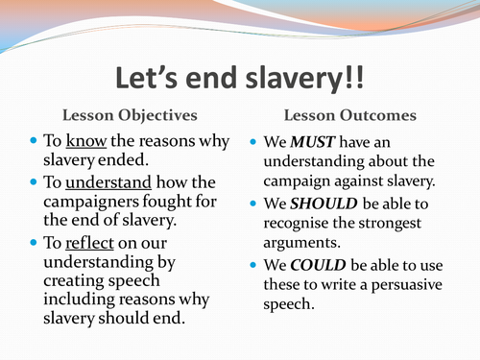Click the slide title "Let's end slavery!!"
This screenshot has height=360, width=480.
[240, 79]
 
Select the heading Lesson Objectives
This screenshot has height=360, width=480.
[130, 116]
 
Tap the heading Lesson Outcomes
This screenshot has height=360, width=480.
[350, 115]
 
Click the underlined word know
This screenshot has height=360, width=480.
[86, 141]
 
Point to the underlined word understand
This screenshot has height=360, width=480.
[108, 182]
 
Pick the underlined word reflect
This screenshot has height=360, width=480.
[89, 243]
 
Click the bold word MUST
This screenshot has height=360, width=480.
[312, 142]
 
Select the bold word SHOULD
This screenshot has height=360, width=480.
[324, 204]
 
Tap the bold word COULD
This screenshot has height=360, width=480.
[318, 265]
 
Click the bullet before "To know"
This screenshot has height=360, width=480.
[34, 140]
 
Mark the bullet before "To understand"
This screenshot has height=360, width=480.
[34, 181]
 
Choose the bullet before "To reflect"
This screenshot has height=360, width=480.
[34, 242]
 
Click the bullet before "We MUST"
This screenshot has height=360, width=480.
[253, 141]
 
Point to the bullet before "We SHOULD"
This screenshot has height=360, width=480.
[253, 204]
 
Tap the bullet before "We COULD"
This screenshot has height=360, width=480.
[253, 265]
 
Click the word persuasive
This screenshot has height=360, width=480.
[407, 285]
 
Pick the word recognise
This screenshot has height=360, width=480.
[297, 224]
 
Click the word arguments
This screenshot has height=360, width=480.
[301, 243]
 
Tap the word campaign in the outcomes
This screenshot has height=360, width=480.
[297, 181]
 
